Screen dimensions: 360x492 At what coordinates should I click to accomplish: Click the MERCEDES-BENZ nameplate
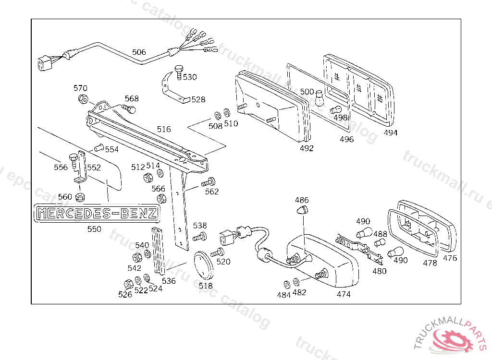(96, 212)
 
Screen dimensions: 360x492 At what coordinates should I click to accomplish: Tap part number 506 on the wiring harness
(139, 52)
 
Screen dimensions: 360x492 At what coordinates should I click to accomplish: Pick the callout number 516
(163, 129)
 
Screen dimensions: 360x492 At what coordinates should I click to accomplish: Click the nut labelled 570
(82, 100)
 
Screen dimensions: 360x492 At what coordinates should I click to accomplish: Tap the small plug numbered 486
(303, 210)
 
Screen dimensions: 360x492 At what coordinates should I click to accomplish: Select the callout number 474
(343, 294)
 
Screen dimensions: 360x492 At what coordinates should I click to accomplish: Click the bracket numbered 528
(172, 89)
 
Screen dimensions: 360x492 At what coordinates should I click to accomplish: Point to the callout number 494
(391, 132)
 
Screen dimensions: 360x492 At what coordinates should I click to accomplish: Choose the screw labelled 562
(209, 182)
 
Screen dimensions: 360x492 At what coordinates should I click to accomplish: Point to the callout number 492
(306, 148)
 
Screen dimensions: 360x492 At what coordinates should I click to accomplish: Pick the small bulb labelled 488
(379, 244)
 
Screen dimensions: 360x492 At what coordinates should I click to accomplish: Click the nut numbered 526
(128, 284)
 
